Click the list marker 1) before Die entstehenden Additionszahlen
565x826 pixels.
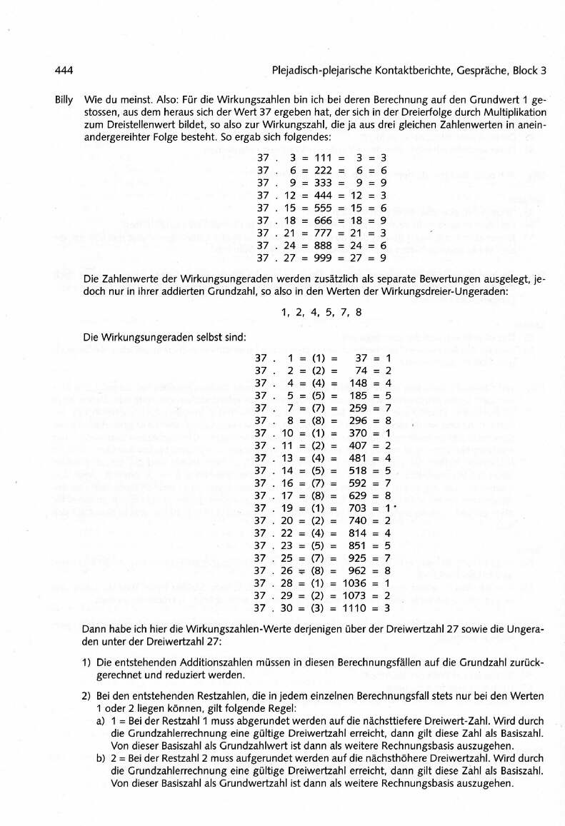[86, 663]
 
